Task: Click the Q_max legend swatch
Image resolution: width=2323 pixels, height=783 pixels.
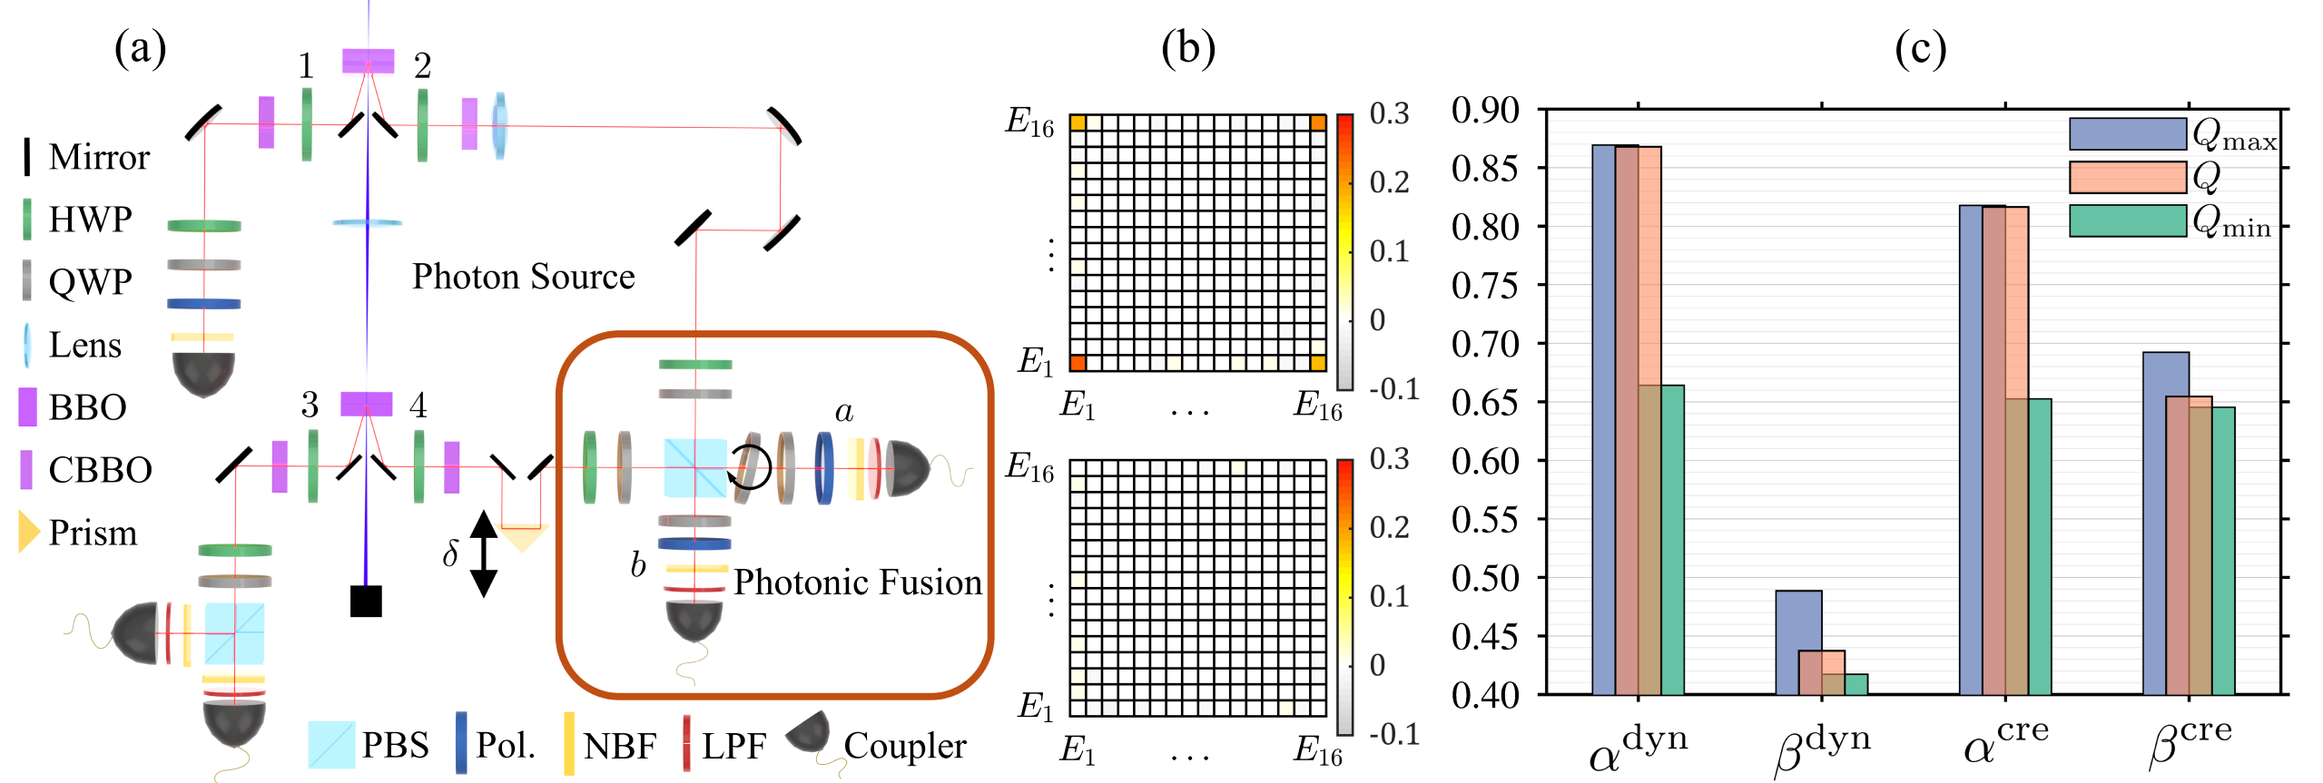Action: coord(2127,134)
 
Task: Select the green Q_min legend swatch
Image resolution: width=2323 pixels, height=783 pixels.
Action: coord(2127,221)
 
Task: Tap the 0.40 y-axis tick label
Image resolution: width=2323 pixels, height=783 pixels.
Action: coord(1485,695)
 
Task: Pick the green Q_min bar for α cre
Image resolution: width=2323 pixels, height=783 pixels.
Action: coord(2039,546)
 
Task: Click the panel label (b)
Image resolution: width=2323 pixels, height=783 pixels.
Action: coord(1187,49)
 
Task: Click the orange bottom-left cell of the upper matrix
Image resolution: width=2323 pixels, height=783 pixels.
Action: coord(1078,363)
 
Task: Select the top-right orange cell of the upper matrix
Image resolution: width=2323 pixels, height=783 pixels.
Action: coord(1318,122)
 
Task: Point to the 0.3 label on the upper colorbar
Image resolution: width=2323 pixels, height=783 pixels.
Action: coord(1389,114)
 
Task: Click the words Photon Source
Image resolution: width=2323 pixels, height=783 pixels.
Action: coord(523,277)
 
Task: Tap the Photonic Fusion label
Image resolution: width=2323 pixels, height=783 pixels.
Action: coord(857,582)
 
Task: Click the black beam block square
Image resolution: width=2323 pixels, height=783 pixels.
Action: coord(366,601)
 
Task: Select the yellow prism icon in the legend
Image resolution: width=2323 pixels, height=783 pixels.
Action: coord(29,532)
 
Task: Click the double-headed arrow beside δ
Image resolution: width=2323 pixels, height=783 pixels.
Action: coord(483,553)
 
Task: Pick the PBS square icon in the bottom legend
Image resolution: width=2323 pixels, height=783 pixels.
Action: coord(330,745)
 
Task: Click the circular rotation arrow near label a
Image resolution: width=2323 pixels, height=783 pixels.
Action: coord(750,467)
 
